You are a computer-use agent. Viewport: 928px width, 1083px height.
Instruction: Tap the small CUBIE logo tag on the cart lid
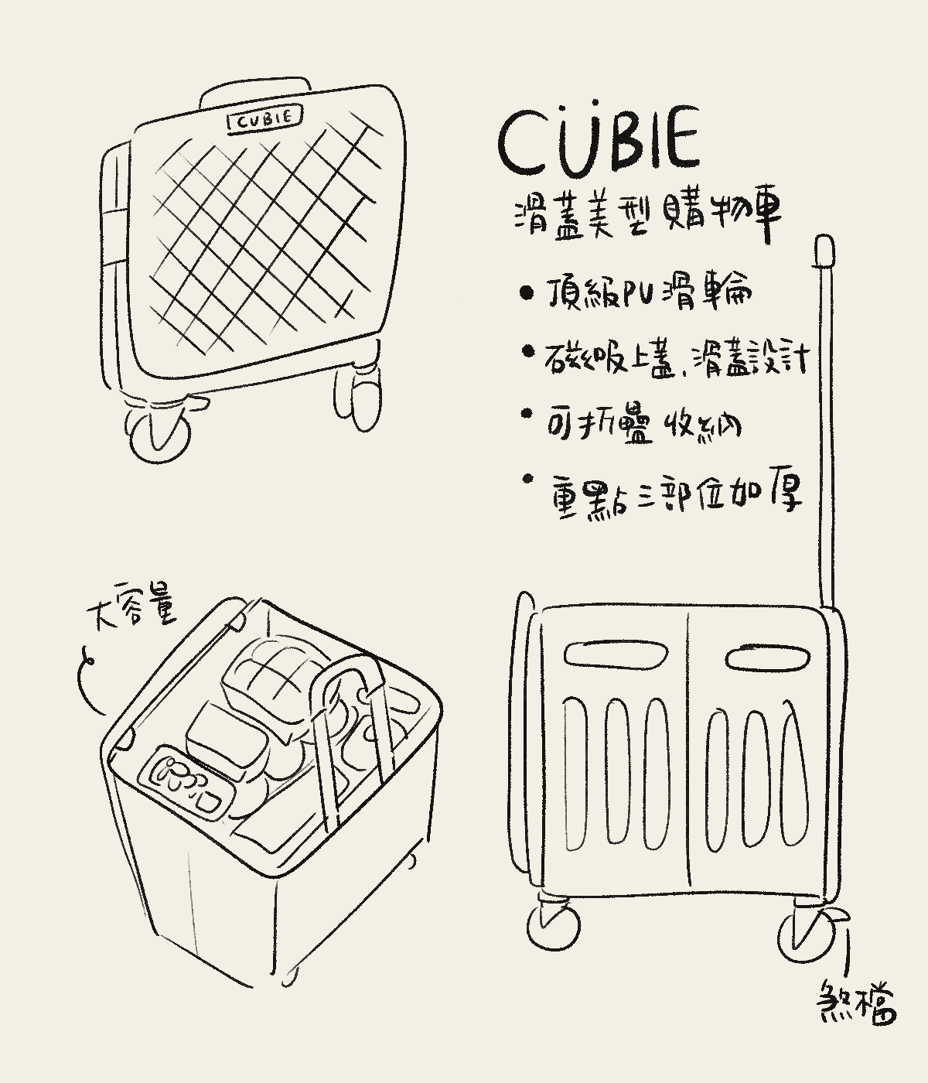pos(264,118)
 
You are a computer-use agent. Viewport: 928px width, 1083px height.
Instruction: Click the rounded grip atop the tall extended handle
pos(826,253)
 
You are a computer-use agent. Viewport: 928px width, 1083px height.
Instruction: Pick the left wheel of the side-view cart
pos(554,926)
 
